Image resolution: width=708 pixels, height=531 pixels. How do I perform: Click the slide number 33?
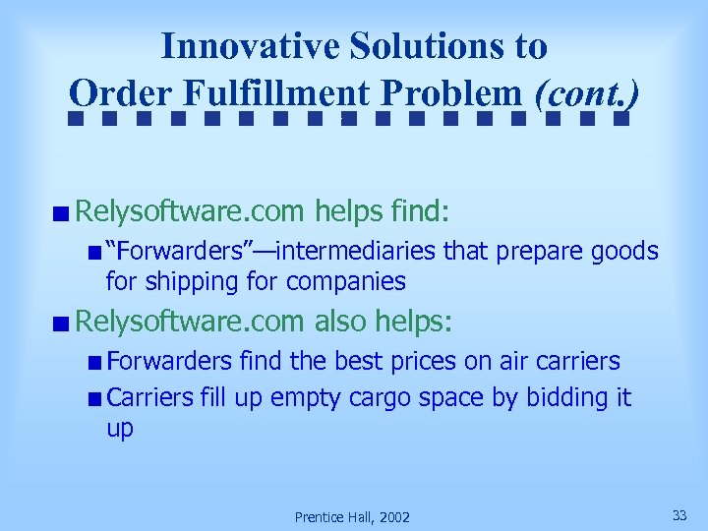coord(679,515)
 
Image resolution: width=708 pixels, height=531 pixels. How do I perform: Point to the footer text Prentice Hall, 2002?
coord(353,517)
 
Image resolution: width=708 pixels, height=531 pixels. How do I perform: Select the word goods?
coord(624,252)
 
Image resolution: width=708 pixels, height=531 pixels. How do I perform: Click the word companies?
coord(345,282)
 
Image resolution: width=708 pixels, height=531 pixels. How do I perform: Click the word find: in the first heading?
coord(420,210)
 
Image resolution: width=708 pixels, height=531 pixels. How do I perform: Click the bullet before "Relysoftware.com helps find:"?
coord(62,212)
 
